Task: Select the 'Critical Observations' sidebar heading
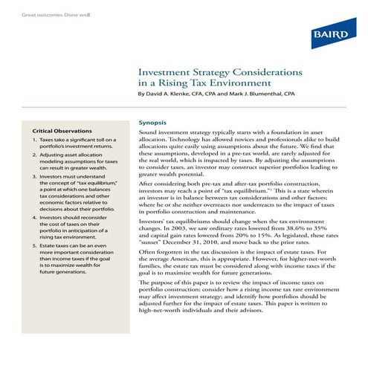coord(62,131)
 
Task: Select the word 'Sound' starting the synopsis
coord(151,131)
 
